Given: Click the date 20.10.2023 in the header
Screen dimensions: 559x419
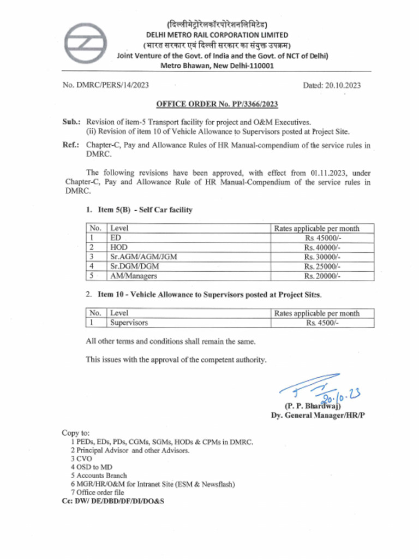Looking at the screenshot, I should [332, 85].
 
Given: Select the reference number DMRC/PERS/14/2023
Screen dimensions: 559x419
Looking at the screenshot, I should [106, 85].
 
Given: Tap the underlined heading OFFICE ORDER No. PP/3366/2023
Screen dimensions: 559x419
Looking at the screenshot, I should [217, 104].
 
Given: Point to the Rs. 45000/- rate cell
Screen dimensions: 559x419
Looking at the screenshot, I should [322, 238].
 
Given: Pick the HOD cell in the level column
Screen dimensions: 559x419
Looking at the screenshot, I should [119, 247].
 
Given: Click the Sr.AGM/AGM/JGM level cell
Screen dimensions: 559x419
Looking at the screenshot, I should [143, 257].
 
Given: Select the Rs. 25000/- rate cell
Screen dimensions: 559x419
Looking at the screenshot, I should [322, 266].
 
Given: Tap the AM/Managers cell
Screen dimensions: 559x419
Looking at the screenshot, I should [134, 276].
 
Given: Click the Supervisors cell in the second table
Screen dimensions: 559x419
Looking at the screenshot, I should [129, 323].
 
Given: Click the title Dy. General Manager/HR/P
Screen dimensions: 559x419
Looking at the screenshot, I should [318, 415].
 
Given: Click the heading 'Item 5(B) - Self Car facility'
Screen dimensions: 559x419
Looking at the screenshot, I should [139, 210].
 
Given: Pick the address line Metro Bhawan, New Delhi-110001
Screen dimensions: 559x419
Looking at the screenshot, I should [217, 66].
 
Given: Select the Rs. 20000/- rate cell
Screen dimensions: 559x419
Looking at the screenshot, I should [322, 276].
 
